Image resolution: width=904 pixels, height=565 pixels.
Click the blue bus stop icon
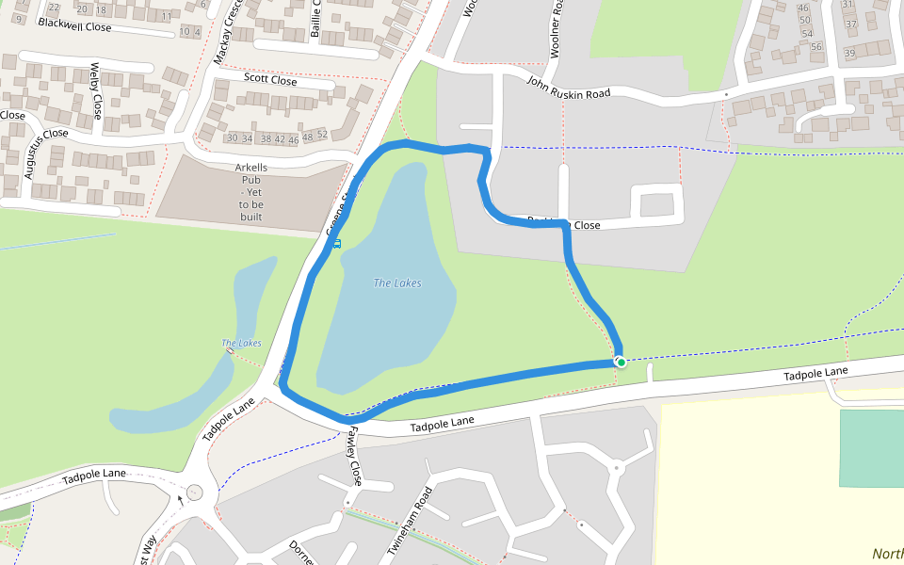click(x=336, y=244)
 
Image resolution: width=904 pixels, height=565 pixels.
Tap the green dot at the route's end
click(x=621, y=362)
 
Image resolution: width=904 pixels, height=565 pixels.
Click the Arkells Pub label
click(x=251, y=192)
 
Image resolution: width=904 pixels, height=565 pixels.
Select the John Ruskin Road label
click(x=568, y=88)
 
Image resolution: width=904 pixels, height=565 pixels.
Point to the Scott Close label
click(x=270, y=80)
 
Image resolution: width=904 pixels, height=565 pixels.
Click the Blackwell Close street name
click(x=74, y=26)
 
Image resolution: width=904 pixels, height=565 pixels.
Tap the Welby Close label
click(x=95, y=91)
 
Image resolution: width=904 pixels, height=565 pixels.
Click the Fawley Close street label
click(x=354, y=456)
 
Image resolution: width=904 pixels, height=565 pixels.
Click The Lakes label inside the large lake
click(x=397, y=283)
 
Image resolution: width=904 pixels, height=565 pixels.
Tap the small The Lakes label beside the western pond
click(x=241, y=343)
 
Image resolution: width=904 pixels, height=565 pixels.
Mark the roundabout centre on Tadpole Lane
click(x=194, y=492)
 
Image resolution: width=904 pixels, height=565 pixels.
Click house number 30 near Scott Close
click(x=233, y=138)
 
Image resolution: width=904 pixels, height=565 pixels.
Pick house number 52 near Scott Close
click(x=322, y=136)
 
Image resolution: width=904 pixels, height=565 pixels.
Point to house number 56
click(x=816, y=47)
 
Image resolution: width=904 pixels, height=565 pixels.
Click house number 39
click(x=849, y=53)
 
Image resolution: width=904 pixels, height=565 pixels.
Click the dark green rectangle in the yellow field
click(x=871, y=448)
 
